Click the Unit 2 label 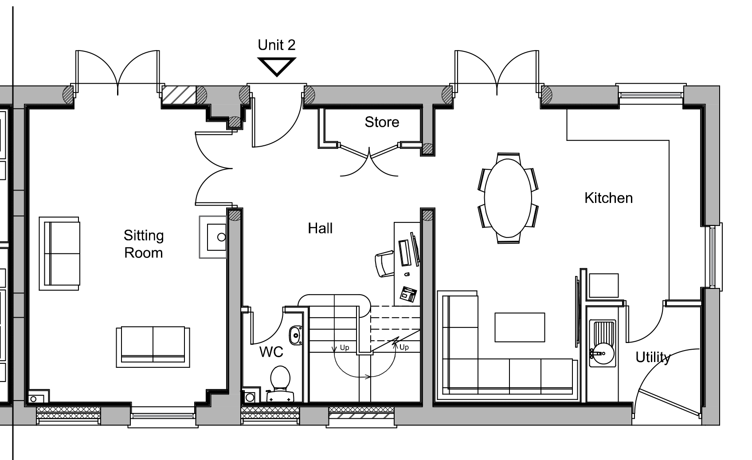coord(277,45)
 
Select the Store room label coord(382,122)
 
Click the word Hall coord(320,229)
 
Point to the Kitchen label coord(609,198)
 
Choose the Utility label coord(653,358)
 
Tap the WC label coord(271,352)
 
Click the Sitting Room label coord(144,244)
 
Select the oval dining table coord(508,198)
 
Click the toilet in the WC coord(280,383)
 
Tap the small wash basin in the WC coord(296,335)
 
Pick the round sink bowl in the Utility coord(603,353)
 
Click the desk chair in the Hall coord(385,264)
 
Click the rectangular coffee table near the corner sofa coord(520,327)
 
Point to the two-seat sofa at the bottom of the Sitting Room coord(153,347)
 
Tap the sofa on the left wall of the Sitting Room coord(59,253)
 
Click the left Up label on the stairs coord(345,347)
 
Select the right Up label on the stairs coord(404,347)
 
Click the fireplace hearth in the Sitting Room coord(213,237)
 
